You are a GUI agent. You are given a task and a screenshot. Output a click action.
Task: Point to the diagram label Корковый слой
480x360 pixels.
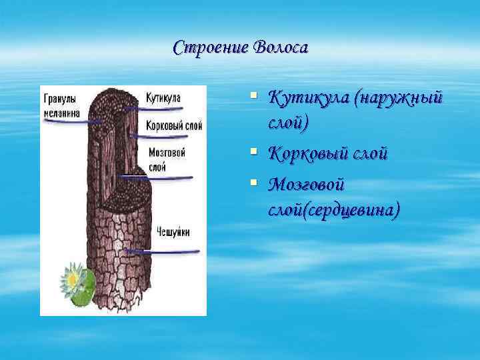click(173, 126)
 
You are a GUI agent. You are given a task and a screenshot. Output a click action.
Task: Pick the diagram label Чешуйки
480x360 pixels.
click(173, 232)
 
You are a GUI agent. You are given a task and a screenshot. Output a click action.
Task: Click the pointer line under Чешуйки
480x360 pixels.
click(163, 251)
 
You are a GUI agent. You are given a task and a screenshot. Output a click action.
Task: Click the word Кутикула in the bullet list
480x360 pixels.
click(308, 99)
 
